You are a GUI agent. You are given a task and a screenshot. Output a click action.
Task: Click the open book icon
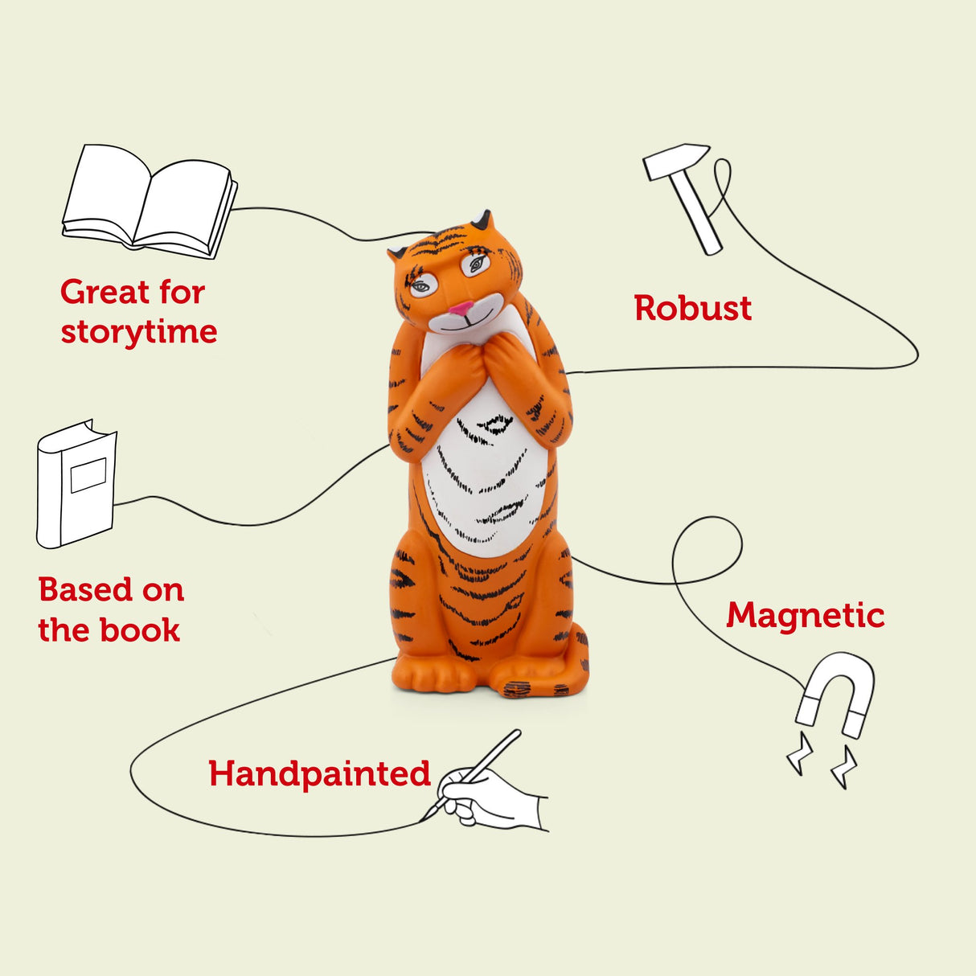point(150,201)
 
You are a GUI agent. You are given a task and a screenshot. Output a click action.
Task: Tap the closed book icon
point(76,484)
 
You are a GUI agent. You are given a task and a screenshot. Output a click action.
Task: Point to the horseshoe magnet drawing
point(836,693)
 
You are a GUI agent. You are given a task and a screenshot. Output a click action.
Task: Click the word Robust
point(692,308)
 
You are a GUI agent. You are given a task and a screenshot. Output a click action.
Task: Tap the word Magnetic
point(805,616)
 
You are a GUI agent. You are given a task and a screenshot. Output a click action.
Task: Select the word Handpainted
point(319,773)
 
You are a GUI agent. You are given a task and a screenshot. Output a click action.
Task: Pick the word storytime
point(139,332)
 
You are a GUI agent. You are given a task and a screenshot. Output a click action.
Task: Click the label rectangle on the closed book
point(88,475)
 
